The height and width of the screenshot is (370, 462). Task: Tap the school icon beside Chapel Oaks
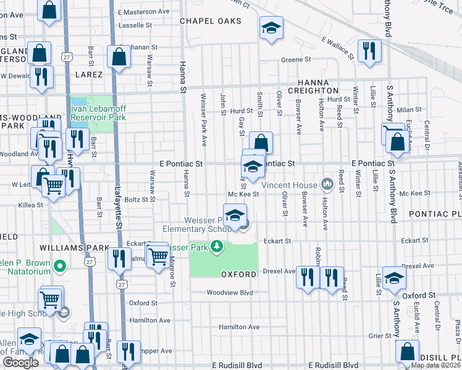(x=271, y=28)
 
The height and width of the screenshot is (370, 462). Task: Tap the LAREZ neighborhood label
(x=89, y=75)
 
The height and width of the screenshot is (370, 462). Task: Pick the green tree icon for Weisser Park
(x=216, y=247)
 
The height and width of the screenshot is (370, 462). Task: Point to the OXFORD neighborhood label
(x=238, y=274)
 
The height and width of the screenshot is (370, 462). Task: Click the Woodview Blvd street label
(x=230, y=293)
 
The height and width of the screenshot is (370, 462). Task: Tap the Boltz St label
(x=137, y=199)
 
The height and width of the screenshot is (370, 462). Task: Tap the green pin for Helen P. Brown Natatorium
(x=59, y=267)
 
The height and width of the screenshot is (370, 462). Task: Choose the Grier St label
(x=377, y=336)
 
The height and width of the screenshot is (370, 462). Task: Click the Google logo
(x=20, y=363)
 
